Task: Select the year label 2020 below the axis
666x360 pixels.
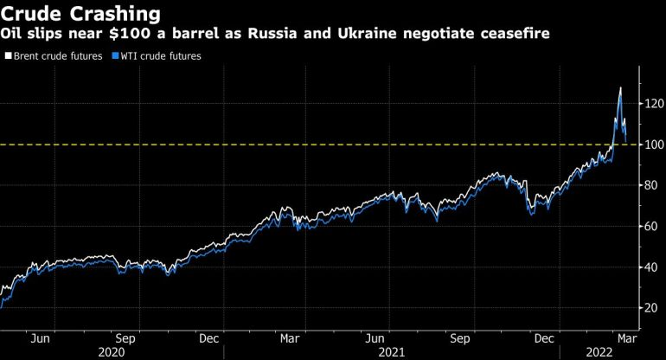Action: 112,352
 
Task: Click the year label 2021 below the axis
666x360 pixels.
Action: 392,352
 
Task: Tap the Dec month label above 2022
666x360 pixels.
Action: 544,338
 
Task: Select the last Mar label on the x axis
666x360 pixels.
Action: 625,338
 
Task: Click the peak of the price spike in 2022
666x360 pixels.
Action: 620,88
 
